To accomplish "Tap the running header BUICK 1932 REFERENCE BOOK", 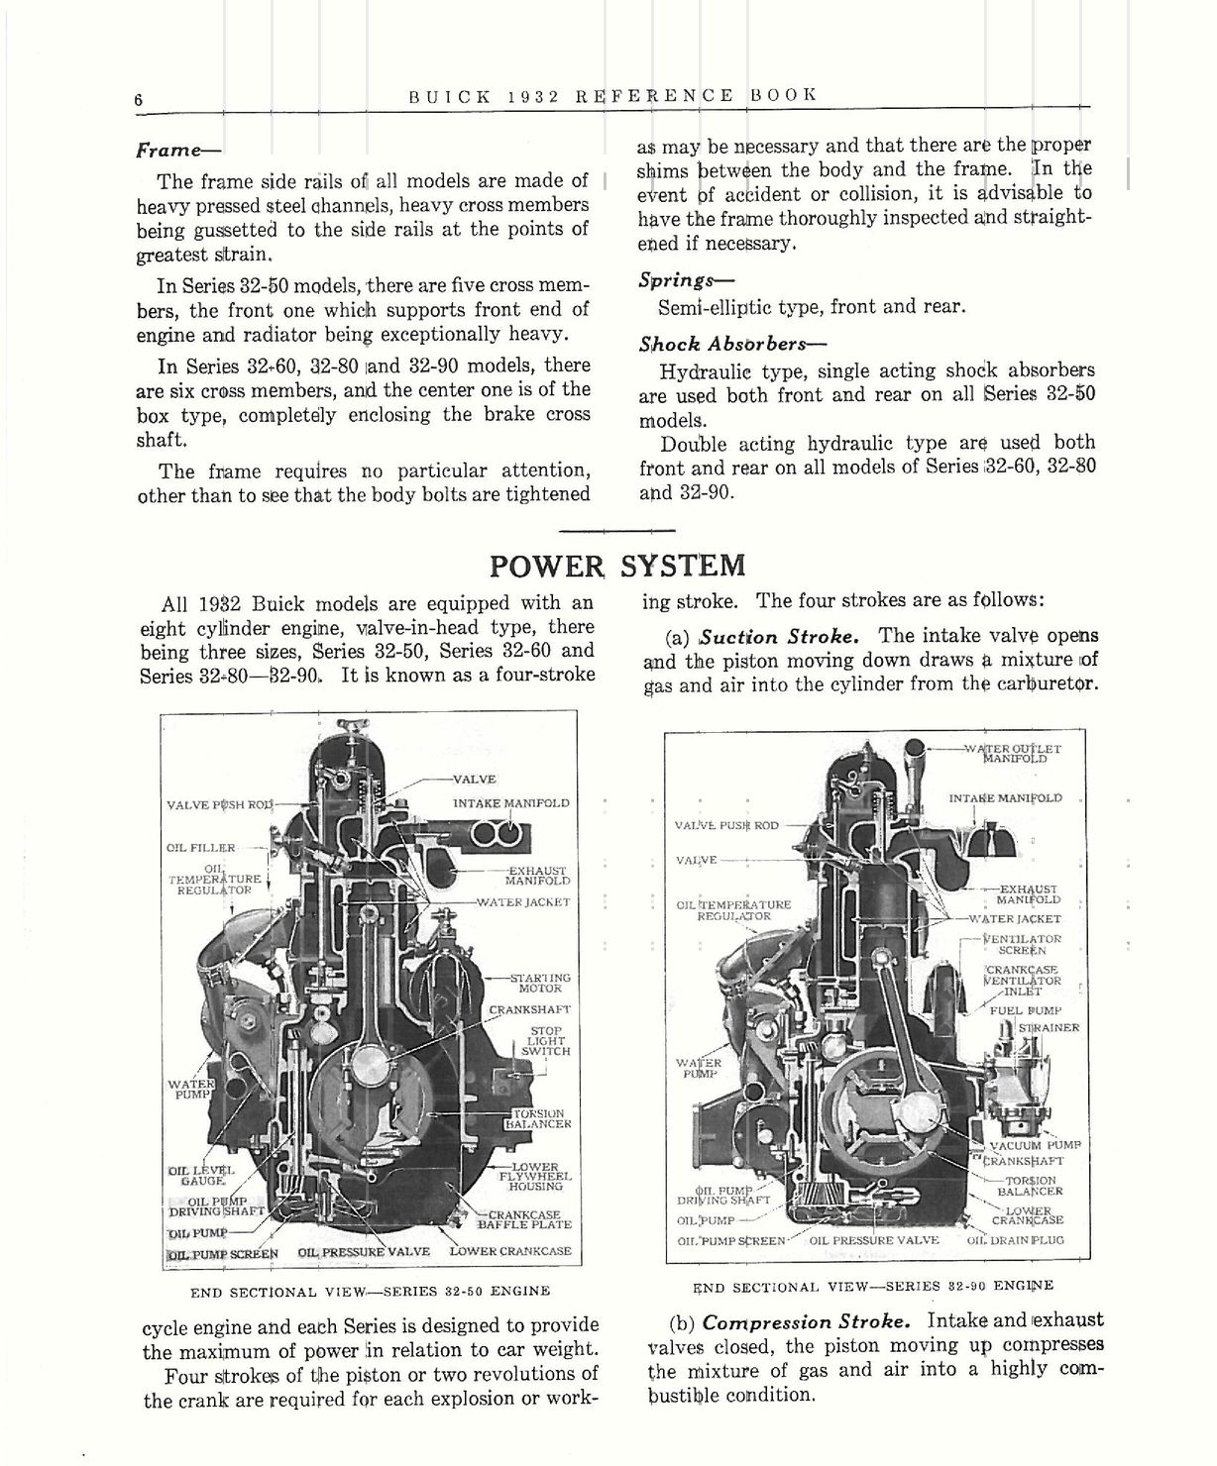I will (x=612, y=95).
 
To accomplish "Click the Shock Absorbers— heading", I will (x=732, y=344).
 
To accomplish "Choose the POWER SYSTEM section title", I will (x=617, y=566).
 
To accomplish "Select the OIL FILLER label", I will (x=201, y=848).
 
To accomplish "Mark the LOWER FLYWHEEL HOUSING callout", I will (x=534, y=1176).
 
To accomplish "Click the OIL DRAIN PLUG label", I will (x=1015, y=1240).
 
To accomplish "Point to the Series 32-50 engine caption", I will (x=370, y=1292).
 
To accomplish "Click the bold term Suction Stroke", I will (x=778, y=636).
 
